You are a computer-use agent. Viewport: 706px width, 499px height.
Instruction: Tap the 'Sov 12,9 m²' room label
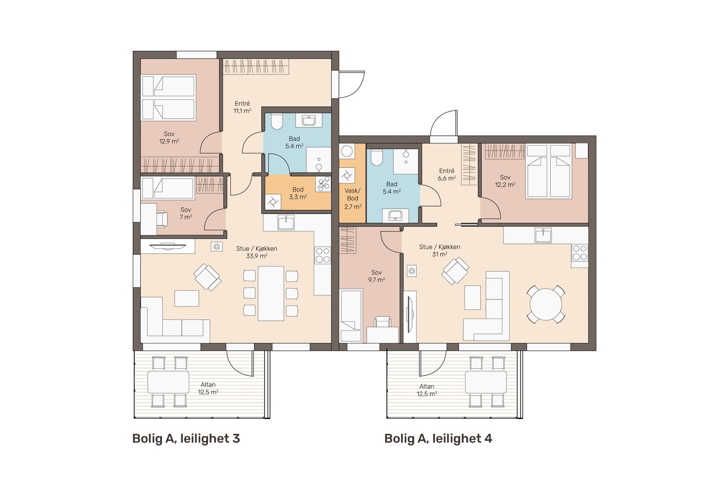(169, 138)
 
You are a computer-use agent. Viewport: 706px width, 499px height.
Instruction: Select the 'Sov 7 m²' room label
(186, 214)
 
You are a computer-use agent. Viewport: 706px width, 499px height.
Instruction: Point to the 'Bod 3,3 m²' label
(298, 193)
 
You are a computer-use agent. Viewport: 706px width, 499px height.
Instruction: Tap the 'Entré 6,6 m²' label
(447, 174)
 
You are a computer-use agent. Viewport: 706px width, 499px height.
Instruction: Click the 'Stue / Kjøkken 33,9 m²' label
(257, 252)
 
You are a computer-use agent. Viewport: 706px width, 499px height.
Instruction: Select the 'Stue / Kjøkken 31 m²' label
(439, 251)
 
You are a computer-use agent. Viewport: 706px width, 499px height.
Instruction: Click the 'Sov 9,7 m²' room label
(376, 276)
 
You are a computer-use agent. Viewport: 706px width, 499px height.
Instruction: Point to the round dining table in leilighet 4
(546, 304)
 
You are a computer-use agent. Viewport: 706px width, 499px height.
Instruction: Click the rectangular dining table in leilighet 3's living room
(271, 293)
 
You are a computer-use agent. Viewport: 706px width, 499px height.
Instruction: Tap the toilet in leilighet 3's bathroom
(276, 121)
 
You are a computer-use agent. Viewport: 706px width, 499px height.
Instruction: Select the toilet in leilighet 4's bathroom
(377, 157)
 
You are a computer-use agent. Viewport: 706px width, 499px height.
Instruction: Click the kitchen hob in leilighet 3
(323, 255)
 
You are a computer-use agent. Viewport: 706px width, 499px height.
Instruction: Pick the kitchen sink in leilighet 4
(543, 235)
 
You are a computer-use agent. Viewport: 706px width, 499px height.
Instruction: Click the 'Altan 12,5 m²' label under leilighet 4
(427, 390)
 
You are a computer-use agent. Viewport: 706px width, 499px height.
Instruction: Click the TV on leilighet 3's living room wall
(167, 246)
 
